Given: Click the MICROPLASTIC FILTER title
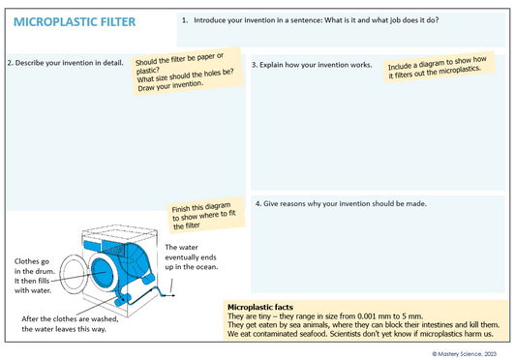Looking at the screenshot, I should pos(75,21).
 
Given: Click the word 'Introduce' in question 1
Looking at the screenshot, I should pos(211,19).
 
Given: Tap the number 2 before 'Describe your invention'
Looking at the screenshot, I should pos(10,64).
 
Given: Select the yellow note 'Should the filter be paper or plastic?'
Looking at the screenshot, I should pos(174,64).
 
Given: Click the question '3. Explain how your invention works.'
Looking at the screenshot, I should pos(310,65).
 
